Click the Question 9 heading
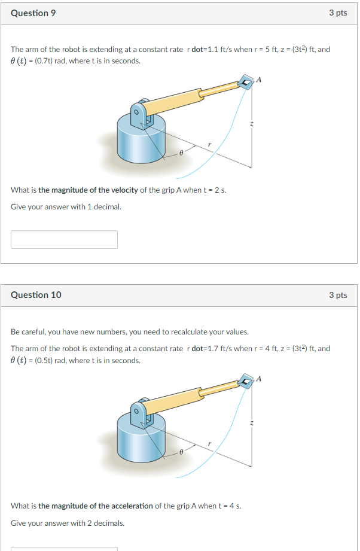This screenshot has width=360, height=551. tap(33, 13)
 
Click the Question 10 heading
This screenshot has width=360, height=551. tap(36, 295)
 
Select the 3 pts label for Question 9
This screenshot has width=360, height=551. tap(338, 13)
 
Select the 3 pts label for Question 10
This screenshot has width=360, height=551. tap(338, 295)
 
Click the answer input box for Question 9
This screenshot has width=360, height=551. tap(64, 239)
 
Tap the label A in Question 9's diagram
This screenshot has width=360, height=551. tap(259, 79)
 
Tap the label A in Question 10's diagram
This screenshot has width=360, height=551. tap(259, 378)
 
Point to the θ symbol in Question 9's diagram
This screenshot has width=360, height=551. tap(180, 154)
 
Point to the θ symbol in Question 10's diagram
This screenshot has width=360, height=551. tap(180, 453)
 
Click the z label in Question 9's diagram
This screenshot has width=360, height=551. tap(252, 124)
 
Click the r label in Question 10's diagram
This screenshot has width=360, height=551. tap(209, 443)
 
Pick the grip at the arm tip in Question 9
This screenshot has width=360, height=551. tap(245, 83)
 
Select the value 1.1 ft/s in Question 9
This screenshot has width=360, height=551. tap(219, 49)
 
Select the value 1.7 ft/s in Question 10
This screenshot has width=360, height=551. tap(219, 348)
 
